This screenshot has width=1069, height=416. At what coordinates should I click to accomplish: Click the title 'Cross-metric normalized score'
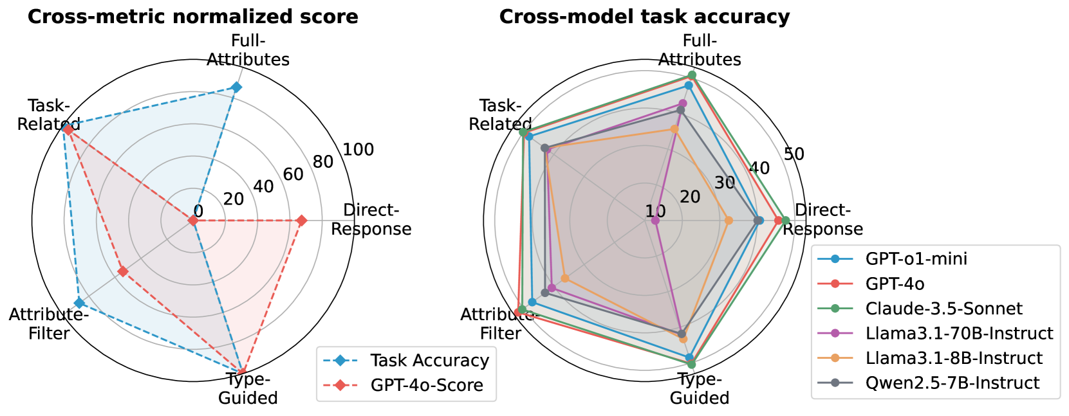(x=192, y=17)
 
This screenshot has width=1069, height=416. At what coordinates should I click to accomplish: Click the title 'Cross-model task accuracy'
(x=644, y=17)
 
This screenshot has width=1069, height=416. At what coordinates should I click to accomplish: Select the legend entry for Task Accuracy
(x=429, y=361)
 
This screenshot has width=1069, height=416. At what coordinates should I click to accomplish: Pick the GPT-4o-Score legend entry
(x=426, y=385)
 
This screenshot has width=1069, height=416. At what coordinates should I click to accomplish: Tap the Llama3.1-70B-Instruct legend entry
(x=959, y=333)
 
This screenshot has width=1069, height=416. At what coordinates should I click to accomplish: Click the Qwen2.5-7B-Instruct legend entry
(x=952, y=383)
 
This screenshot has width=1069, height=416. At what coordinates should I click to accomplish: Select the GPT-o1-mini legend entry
(x=916, y=259)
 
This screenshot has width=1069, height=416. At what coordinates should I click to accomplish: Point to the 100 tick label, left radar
(x=358, y=150)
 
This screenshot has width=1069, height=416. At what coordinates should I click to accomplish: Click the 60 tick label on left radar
(x=293, y=174)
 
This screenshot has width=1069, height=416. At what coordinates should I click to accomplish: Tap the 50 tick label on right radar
(x=794, y=154)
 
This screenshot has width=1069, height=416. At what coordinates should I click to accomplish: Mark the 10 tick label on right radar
(x=656, y=212)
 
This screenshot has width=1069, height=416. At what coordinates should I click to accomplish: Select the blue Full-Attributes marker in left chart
(x=236, y=87)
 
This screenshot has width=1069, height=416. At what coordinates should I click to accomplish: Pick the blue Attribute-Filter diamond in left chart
(x=79, y=303)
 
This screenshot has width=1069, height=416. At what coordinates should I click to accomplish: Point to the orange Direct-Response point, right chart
(x=729, y=221)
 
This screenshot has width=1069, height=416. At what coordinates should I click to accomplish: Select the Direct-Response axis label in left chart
(x=371, y=220)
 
